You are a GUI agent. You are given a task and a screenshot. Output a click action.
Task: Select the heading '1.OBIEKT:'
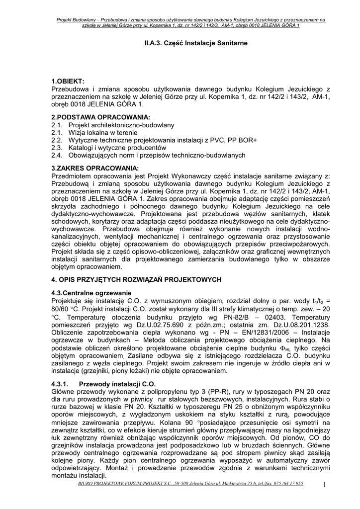[x=68, y=81]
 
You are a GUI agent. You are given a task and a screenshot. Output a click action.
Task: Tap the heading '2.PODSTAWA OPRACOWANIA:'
[x=93, y=116]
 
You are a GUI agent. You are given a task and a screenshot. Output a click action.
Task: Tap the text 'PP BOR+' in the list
[x=243, y=140]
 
